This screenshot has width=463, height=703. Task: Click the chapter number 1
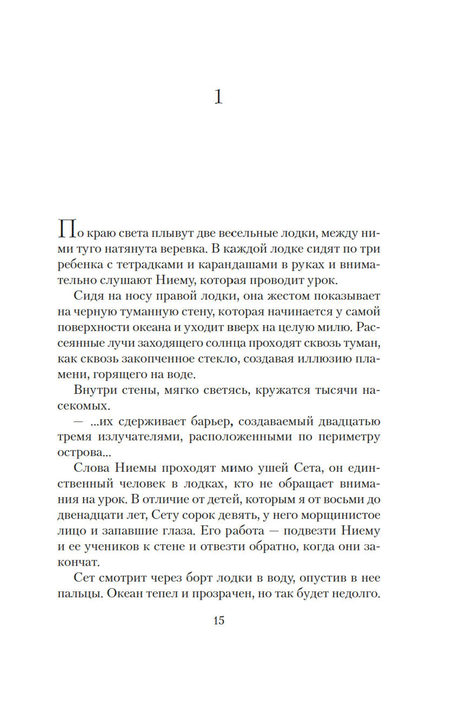219,97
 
